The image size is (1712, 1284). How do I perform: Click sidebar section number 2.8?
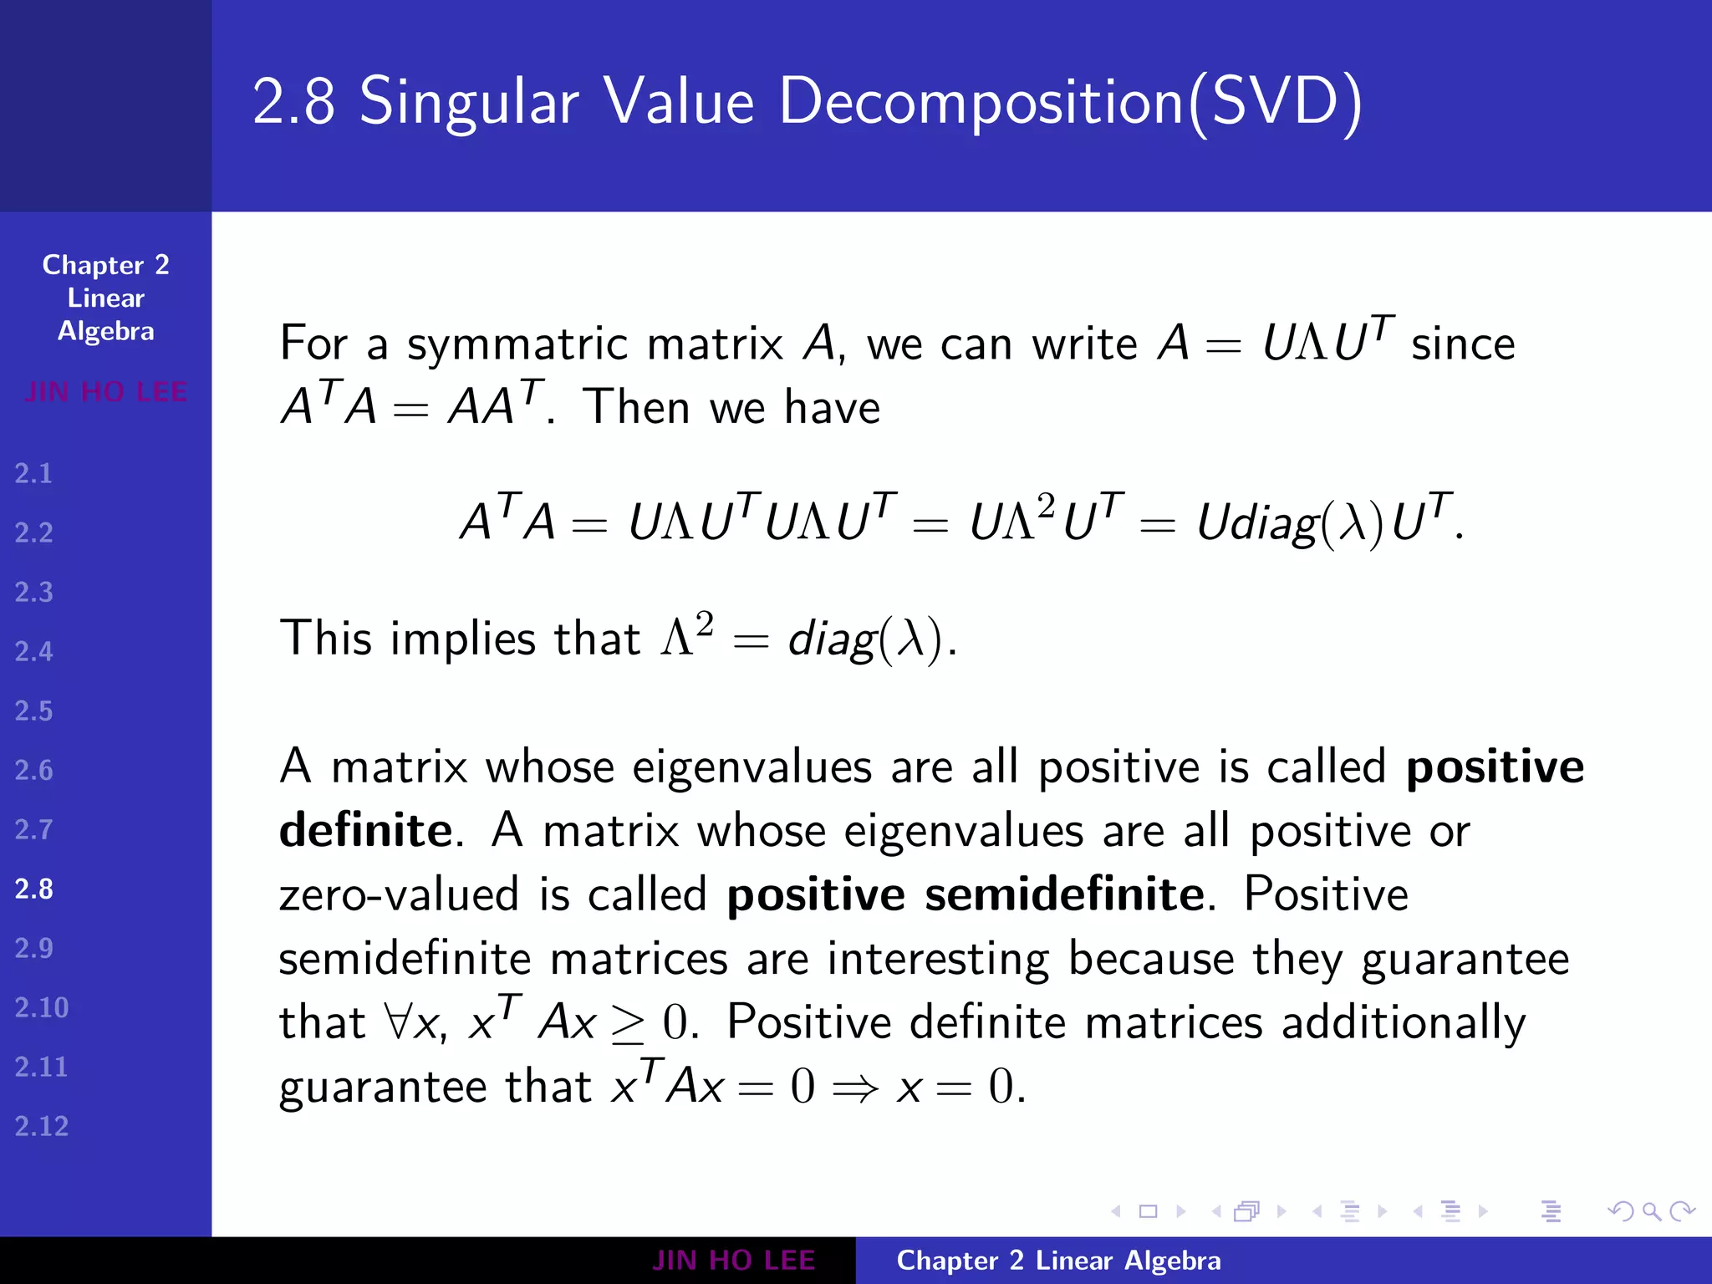coord(34,889)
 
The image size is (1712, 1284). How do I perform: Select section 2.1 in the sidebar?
coord(34,474)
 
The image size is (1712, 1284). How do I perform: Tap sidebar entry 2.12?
coord(41,1126)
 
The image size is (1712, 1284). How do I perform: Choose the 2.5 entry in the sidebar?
coord(34,711)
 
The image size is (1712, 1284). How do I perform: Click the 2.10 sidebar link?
coord(41,1007)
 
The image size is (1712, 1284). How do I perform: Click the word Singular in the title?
coord(469,102)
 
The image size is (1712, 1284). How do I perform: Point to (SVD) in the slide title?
coord(1275,102)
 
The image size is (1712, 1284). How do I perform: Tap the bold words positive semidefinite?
coord(966,894)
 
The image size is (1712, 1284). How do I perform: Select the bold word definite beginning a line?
coord(365,830)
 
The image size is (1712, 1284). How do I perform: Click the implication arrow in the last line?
coord(855,1088)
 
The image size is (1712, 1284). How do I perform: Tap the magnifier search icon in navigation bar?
coord(1651,1210)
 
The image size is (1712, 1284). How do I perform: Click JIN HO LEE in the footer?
coord(733,1261)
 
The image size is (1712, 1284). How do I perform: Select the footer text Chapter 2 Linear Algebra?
coord(1058,1261)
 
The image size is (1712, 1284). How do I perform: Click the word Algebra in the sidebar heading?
coord(106,332)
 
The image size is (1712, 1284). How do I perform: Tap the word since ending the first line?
coord(1463,344)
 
